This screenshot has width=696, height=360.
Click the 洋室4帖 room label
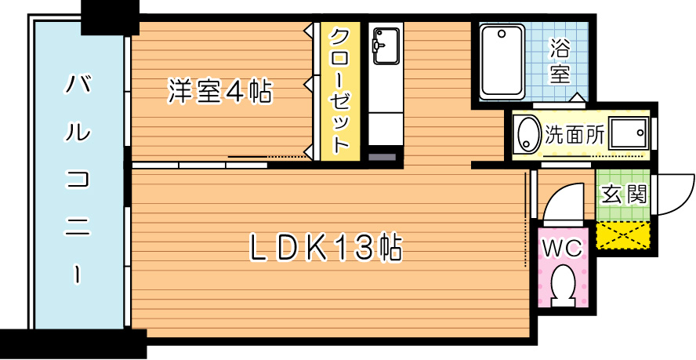[219, 93]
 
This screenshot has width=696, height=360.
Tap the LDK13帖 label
[325, 248]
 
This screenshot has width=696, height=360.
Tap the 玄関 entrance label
[623, 194]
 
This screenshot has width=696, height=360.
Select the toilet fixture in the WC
[563, 285]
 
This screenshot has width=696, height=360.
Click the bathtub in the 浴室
[502, 61]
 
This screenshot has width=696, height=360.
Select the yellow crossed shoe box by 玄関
[624, 235]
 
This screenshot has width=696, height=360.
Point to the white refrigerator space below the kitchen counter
[384, 129]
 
